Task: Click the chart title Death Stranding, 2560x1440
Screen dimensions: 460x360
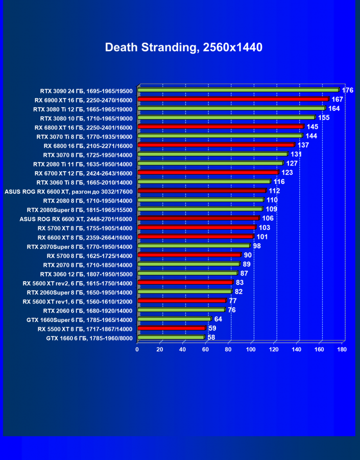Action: pyautogui.click(x=183, y=48)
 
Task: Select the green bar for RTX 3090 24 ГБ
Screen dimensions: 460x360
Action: pyautogui.click(x=238, y=90)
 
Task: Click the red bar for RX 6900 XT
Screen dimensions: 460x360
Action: pyautogui.click(x=233, y=99)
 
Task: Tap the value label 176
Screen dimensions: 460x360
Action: pyautogui.click(x=348, y=90)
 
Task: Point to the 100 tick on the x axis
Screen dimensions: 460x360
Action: pyautogui.click(x=251, y=350)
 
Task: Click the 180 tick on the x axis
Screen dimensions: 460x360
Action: pyautogui.click(x=342, y=350)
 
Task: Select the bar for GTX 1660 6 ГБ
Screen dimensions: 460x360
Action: pyautogui.click(x=171, y=337)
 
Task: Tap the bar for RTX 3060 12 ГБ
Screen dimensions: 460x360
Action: pyautogui.click(x=187, y=273)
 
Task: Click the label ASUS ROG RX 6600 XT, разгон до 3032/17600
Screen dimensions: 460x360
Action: pyautogui.click(x=68, y=192)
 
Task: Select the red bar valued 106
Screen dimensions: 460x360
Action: pyautogui.click(x=198, y=218)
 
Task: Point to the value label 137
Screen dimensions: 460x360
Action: pyautogui.click(x=303, y=145)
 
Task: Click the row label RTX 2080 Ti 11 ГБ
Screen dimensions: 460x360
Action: pyautogui.click(x=83, y=164)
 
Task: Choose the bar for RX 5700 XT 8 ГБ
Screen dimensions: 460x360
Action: pyautogui.click(x=197, y=227)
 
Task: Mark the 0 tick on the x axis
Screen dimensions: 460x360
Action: pyautogui.click(x=137, y=350)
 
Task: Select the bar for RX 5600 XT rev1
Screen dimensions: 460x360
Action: pyautogui.click(x=181, y=301)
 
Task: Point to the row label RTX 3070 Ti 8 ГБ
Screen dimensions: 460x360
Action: pyautogui.click(x=84, y=136)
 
